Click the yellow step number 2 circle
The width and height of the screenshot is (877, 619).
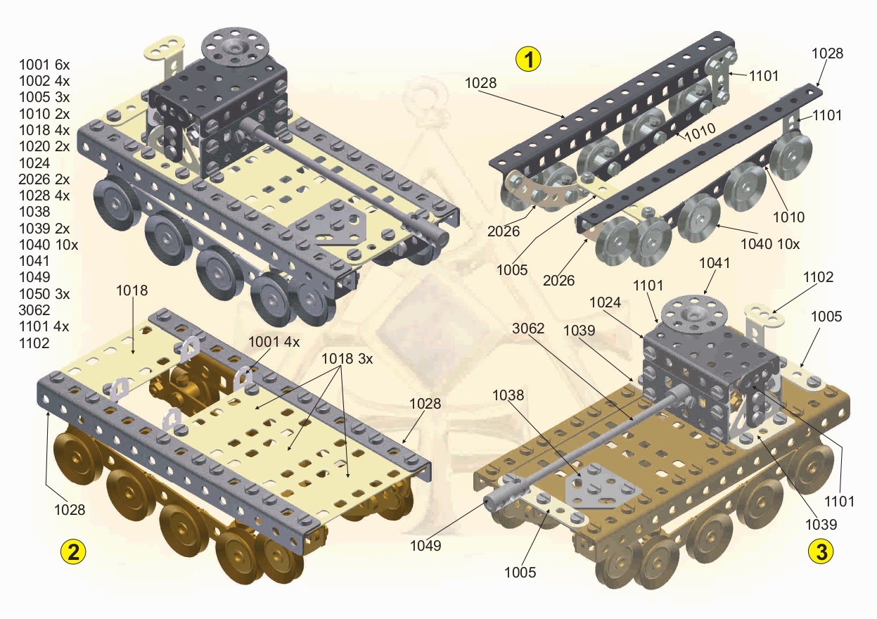click(x=73, y=551)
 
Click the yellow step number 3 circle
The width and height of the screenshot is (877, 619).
click(x=821, y=551)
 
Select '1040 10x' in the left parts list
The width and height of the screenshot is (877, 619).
click(x=49, y=245)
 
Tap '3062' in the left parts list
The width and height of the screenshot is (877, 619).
click(x=34, y=309)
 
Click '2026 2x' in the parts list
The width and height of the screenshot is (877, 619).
click(x=44, y=179)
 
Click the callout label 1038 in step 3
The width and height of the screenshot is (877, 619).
click(x=508, y=395)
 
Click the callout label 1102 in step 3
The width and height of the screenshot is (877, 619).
click(x=819, y=277)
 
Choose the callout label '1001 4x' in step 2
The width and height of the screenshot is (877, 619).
click(x=274, y=341)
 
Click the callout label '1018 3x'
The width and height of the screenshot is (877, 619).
click(x=347, y=358)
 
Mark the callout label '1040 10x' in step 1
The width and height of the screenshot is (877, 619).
click(x=769, y=244)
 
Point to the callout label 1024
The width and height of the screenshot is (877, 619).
click(x=606, y=302)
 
